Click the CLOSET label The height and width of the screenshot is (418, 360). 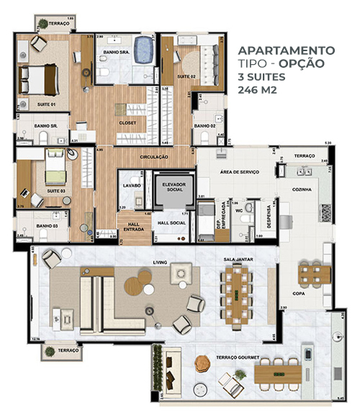[127, 123]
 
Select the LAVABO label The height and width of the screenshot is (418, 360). [131, 185]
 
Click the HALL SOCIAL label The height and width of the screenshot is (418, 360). [172, 223]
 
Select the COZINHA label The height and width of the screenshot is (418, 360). [302, 189]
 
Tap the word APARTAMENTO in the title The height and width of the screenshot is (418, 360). [286, 50]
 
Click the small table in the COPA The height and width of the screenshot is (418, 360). [312, 272]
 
